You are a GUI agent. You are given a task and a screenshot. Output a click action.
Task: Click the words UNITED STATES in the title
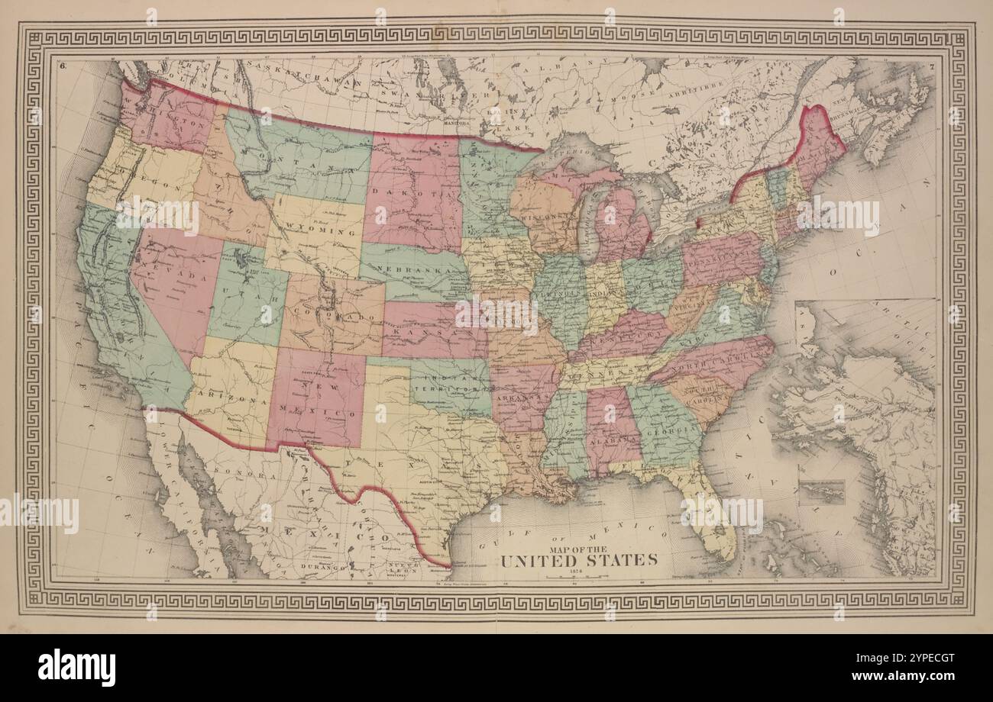(578, 560)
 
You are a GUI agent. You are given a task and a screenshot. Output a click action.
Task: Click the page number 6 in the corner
(62, 66)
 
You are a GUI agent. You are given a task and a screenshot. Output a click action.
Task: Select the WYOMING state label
(314, 229)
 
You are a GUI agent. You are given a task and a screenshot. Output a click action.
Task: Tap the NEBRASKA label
(419, 275)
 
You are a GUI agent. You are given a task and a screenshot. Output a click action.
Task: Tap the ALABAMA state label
(615, 440)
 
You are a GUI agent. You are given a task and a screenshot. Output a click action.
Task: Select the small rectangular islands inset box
(821, 491)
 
